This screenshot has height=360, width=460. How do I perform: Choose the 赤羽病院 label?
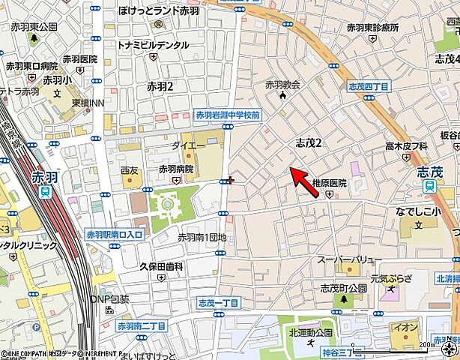(x=176, y=169)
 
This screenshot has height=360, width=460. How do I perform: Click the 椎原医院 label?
(x=329, y=183)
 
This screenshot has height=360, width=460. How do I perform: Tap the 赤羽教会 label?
(x=282, y=85)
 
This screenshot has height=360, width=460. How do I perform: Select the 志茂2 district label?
(x=308, y=142)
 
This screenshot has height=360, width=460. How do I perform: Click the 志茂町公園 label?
(x=343, y=288)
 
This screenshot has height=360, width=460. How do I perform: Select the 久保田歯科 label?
(x=161, y=266)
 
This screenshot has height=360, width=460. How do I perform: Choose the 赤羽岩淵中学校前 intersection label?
(x=227, y=115)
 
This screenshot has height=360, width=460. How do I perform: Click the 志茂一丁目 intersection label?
(x=218, y=303)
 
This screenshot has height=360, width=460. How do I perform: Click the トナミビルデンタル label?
(x=153, y=45)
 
